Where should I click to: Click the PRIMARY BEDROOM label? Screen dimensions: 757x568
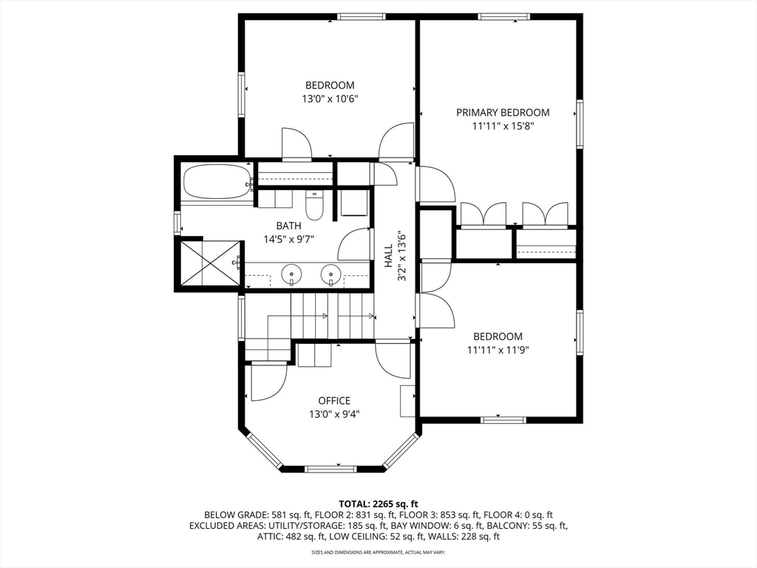click(x=503, y=112)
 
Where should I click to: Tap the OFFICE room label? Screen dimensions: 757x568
click(x=334, y=400)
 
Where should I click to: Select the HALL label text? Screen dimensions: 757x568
click(x=389, y=256)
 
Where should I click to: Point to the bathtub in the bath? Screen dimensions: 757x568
click(x=217, y=181)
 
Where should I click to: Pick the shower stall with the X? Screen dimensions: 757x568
click(x=209, y=263)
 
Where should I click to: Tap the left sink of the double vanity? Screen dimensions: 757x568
click(x=291, y=275)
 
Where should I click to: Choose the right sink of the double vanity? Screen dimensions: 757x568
click(x=331, y=275)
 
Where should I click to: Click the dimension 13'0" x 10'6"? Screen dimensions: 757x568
click(x=330, y=99)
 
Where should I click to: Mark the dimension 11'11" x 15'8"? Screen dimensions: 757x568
click(x=503, y=126)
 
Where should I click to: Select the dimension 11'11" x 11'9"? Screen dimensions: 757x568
click(x=498, y=350)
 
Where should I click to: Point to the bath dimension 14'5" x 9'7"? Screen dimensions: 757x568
click(x=289, y=239)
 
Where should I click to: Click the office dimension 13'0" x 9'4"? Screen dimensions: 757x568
click(x=334, y=414)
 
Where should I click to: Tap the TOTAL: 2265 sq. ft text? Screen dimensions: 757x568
click(x=378, y=504)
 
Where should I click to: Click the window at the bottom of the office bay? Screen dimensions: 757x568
click(x=330, y=468)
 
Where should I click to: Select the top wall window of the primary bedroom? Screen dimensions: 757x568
click(x=503, y=17)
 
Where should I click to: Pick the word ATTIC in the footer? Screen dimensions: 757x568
click(x=268, y=536)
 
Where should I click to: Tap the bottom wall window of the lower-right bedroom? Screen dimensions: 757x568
click(x=503, y=420)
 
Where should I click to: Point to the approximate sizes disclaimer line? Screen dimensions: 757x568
click(x=378, y=552)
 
